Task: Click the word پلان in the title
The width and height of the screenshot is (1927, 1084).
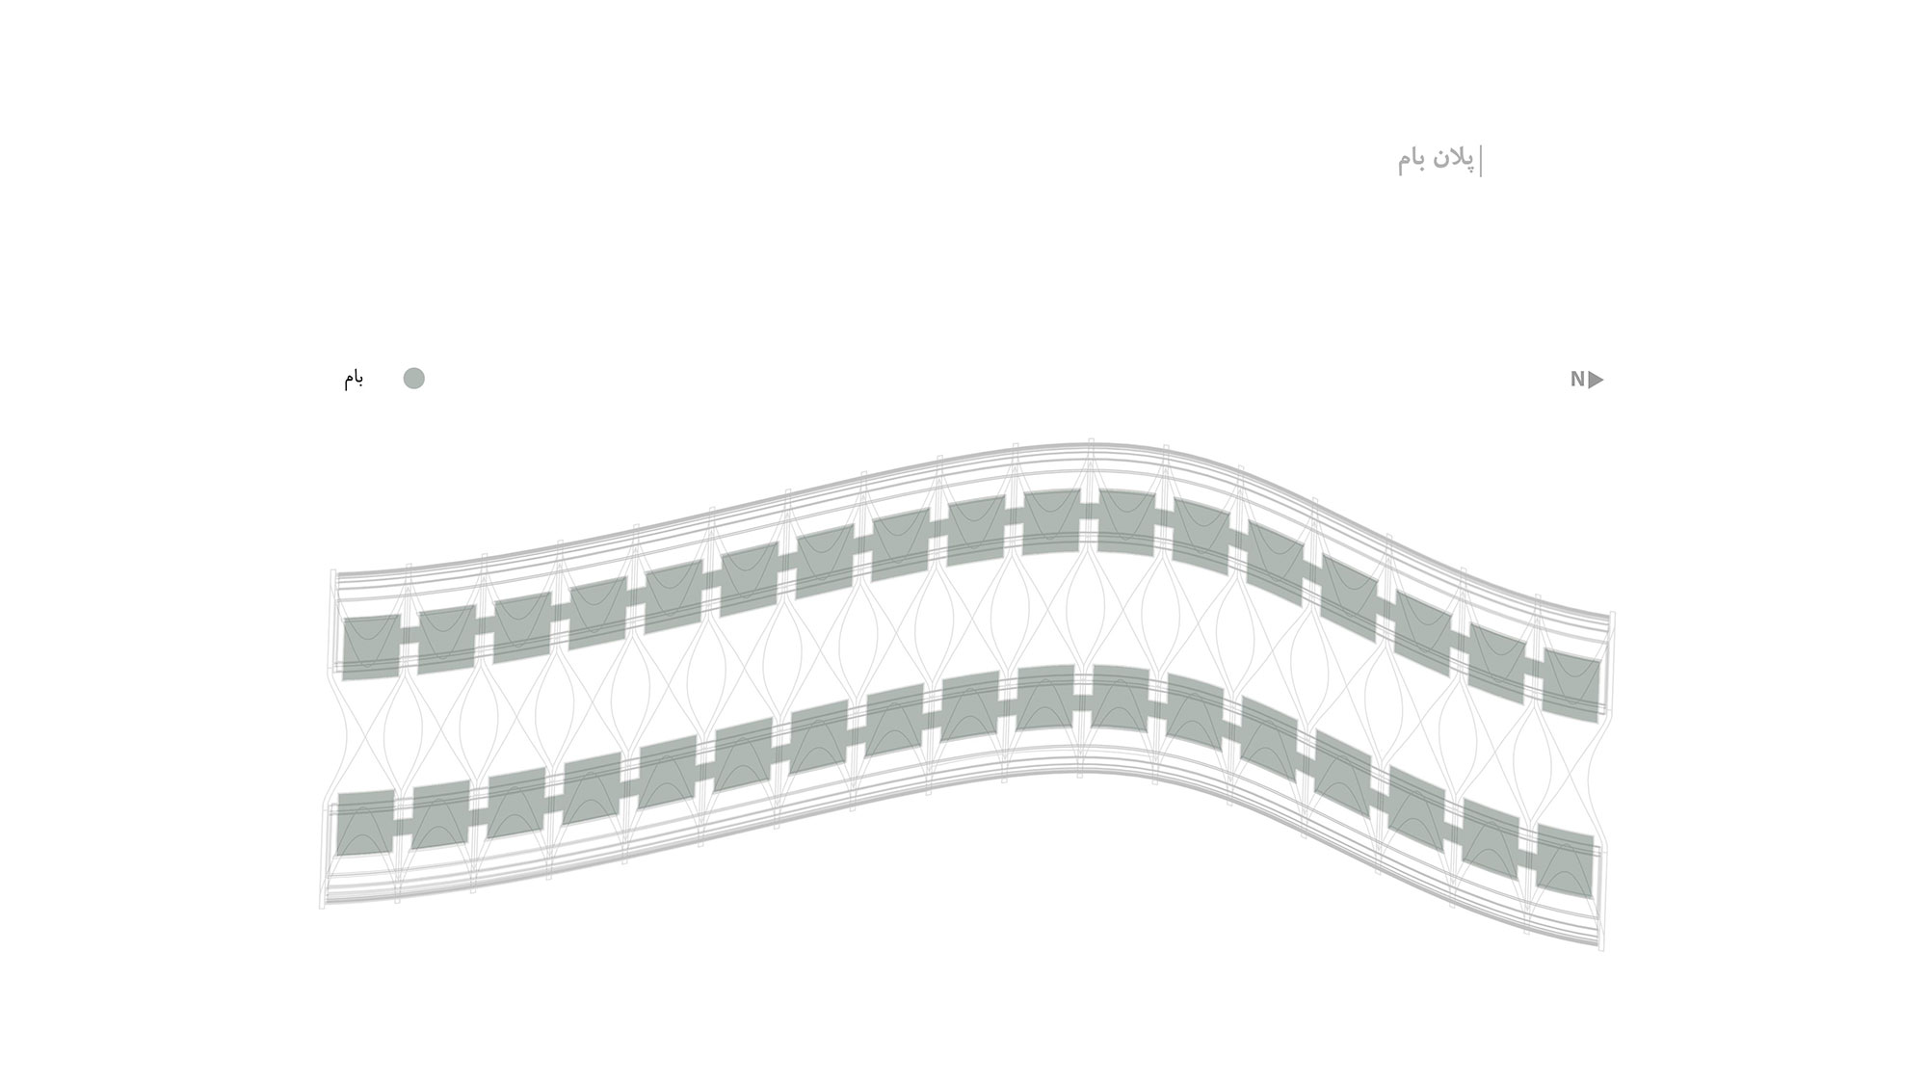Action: click(1452, 159)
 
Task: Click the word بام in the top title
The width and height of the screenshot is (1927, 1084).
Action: click(1412, 160)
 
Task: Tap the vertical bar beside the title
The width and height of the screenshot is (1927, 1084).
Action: click(1481, 161)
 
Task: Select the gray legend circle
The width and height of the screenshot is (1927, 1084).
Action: click(413, 379)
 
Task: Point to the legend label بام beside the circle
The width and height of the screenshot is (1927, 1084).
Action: click(354, 378)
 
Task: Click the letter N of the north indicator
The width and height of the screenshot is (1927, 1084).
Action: click(1577, 380)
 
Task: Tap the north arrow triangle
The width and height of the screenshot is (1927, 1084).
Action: click(1596, 380)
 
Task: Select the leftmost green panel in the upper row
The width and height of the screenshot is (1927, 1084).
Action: click(371, 647)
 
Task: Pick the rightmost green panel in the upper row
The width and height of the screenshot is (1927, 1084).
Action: click(1571, 685)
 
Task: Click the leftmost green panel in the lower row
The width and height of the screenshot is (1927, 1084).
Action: click(365, 822)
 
